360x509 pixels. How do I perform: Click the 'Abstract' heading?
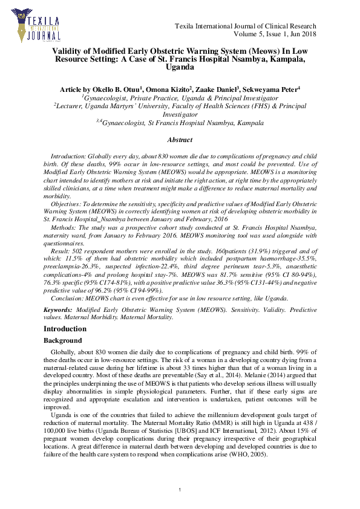tap(180, 140)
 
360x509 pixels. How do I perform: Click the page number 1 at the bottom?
tap(180, 489)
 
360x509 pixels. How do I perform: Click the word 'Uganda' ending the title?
tap(180, 69)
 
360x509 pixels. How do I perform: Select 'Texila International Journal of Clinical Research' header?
tap(245, 27)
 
